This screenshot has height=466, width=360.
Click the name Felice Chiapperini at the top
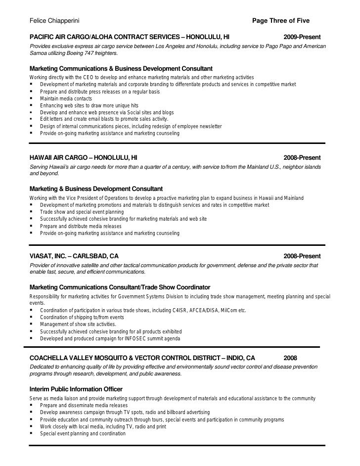(55, 21)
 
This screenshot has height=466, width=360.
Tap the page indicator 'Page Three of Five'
(281, 21)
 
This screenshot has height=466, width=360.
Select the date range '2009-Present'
(302, 38)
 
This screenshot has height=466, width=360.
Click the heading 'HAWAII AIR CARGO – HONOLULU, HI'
(84, 158)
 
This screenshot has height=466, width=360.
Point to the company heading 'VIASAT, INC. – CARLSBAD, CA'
(74, 256)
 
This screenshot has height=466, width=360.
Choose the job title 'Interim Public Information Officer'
(76, 389)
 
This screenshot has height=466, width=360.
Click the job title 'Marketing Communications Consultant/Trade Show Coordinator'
(120, 287)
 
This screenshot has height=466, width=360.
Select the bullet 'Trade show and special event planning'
(82, 212)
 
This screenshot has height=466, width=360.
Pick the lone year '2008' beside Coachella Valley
(291, 358)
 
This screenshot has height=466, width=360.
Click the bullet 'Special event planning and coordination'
(83, 433)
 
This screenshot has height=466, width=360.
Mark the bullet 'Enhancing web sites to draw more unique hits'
(90, 106)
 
